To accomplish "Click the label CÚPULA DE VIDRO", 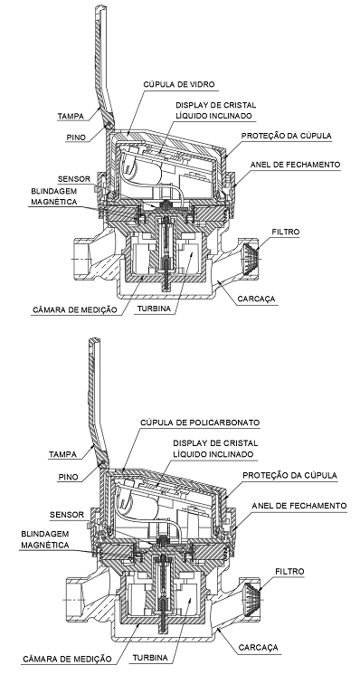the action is (x=179, y=84).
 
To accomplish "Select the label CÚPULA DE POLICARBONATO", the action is (x=200, y=423).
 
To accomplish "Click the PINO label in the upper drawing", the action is (x=76, y=138).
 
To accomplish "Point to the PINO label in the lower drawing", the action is (x=69, y=477).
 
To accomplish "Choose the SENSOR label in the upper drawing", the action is (x=74, y=179).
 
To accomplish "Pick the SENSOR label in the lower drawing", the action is (x=66, y=515).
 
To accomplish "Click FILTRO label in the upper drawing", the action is (x=286, y=232).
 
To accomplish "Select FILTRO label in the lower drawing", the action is (x=290, y=571).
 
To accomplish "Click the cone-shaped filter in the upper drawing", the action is (x=250, y=260).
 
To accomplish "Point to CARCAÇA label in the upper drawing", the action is (x=257, y=299).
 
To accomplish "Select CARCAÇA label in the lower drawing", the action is (x=259, y=648).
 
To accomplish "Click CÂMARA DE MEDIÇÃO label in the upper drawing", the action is (x=75, y=309).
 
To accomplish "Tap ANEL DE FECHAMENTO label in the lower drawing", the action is (x=299, y=506).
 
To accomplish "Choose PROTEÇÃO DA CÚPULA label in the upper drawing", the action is (x=286, y=136).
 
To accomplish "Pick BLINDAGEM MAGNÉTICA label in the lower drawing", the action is (x=45, y=539).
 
